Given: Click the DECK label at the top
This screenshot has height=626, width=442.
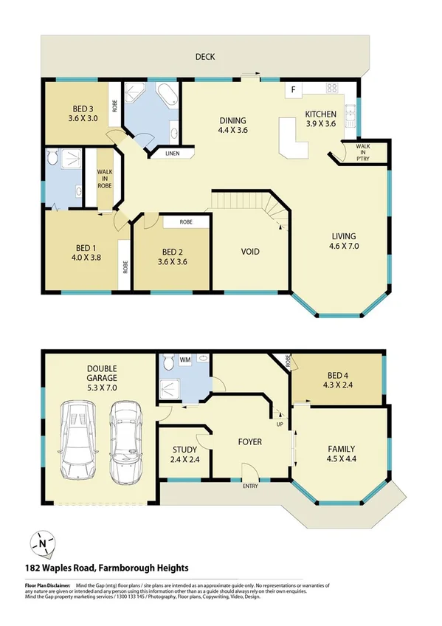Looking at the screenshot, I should click(205, 57).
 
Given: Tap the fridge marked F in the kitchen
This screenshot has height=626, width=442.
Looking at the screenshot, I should click(294, 91).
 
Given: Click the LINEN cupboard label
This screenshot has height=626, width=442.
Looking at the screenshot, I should click(172, 154).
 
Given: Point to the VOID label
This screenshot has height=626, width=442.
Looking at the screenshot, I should click(250, 252).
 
